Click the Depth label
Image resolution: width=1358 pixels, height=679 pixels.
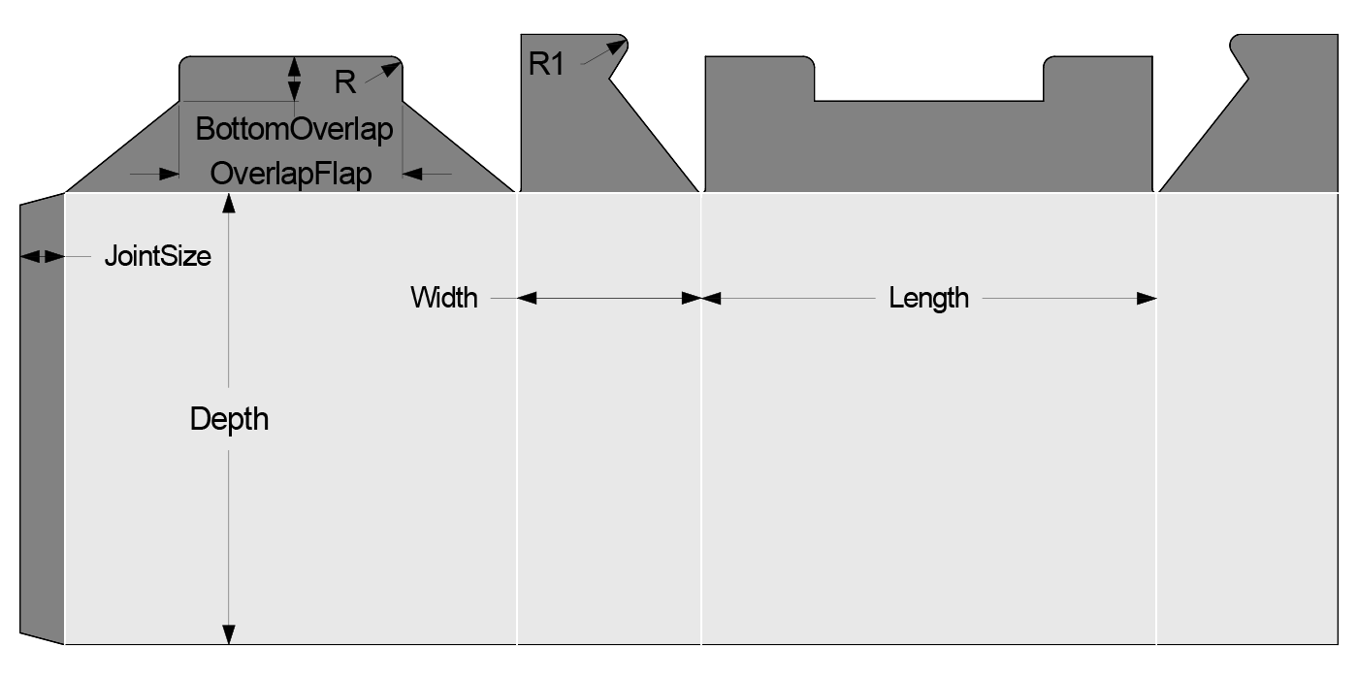[229, 419]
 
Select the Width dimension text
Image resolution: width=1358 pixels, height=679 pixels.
[444, 297]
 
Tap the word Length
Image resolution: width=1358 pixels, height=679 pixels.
[928, 298]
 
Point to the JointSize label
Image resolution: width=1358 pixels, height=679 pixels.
[157, 258]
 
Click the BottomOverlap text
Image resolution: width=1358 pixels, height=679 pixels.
[295, 129]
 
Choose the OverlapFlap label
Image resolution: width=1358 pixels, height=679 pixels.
[291, 174]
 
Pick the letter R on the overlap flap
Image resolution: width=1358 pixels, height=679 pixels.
[344, 82]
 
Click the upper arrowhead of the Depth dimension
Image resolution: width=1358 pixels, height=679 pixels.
[229, 202]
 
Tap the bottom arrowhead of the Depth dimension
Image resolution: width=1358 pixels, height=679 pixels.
[229, 634]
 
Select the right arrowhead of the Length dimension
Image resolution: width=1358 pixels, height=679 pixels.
[1148, 299]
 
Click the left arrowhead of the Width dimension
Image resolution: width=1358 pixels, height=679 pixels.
[528, 299]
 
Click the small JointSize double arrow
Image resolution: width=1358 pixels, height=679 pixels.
[42, 256]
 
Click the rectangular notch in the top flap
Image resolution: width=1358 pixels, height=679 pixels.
[928, 78]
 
